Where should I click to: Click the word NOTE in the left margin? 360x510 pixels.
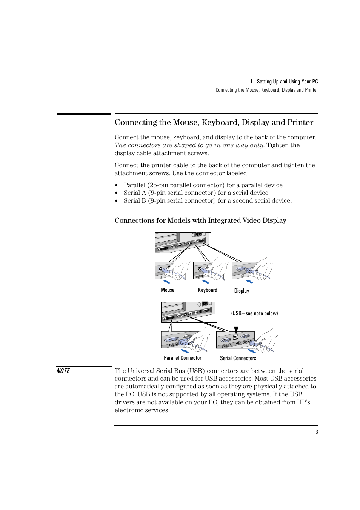(63, 371)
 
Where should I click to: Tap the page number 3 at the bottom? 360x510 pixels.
(317, 432)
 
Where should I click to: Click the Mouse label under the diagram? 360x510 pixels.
(168, 290)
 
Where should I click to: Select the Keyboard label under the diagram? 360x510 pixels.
(207, 290)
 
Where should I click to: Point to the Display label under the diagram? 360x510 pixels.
(242, 291)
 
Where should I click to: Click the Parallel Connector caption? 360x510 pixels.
(183, 358)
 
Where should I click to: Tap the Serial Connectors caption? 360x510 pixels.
(238, 358)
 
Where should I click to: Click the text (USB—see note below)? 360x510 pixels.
(254, 313)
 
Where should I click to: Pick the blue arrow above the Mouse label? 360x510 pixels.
(166, 282)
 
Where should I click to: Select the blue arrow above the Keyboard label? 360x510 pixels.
(206, 282)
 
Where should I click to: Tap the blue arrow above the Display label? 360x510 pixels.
(249, 281)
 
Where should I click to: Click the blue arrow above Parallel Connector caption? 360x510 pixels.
(185, 351)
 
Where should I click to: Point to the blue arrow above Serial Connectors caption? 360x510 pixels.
(252, 351)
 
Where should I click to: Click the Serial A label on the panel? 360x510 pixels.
(227, 345)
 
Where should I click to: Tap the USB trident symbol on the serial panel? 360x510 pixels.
(237, 344)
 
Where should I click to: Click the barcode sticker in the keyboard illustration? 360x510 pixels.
(199, 277)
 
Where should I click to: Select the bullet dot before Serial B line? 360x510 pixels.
(117, 201)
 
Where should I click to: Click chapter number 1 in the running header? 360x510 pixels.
(251, 82)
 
